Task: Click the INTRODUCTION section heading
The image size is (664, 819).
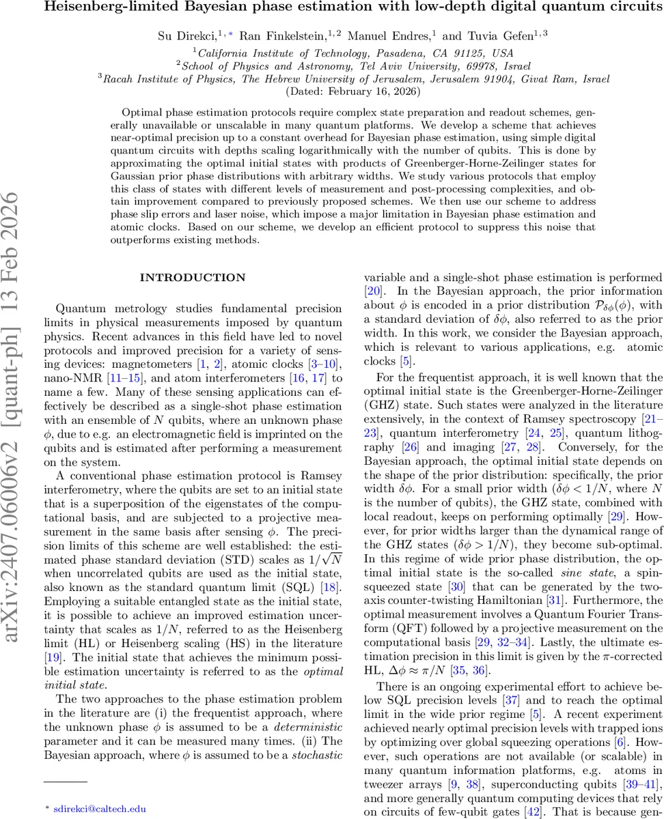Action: point(192,278)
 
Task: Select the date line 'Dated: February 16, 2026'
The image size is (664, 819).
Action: point(352,91)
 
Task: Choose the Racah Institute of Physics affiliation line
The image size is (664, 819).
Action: point(354,78)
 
